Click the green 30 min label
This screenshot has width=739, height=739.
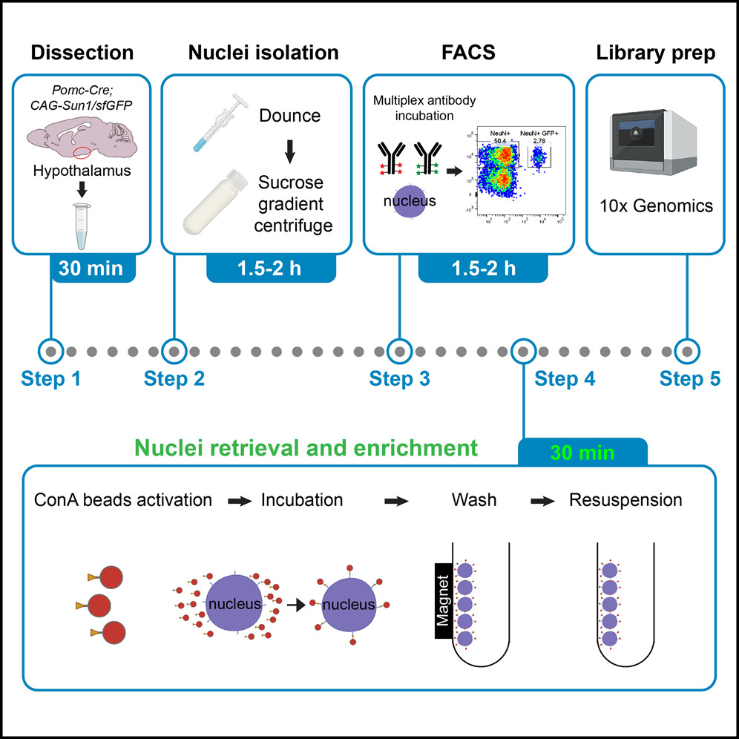582,452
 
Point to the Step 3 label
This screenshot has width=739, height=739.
400,379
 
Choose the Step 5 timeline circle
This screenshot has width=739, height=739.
688,349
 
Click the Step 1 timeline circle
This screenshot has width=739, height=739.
50,349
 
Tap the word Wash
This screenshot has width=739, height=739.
474,500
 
